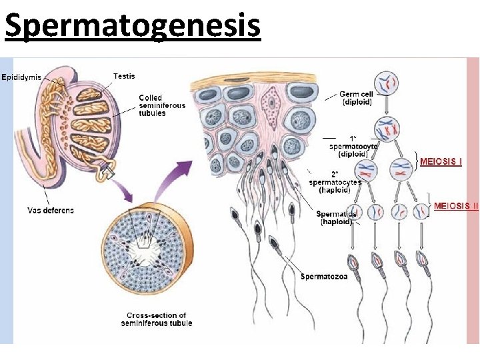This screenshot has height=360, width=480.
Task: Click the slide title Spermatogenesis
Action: click(x=131, y=25)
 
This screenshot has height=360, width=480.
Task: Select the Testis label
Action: click(x=125, y=76)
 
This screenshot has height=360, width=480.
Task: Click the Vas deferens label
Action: click(x=51, y=210)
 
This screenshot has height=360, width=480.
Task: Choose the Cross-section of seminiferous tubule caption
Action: click(x=156, y=319)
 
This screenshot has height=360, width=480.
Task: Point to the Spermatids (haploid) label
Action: click(x=336, y=217)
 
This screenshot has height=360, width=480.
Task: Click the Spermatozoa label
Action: click(x=324, y=276)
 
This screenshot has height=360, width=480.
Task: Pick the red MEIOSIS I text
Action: click(x=441, y=161)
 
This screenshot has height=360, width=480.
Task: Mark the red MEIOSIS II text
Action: click(x=456, y=206)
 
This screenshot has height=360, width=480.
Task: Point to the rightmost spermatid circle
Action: click(x=420, y=212)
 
